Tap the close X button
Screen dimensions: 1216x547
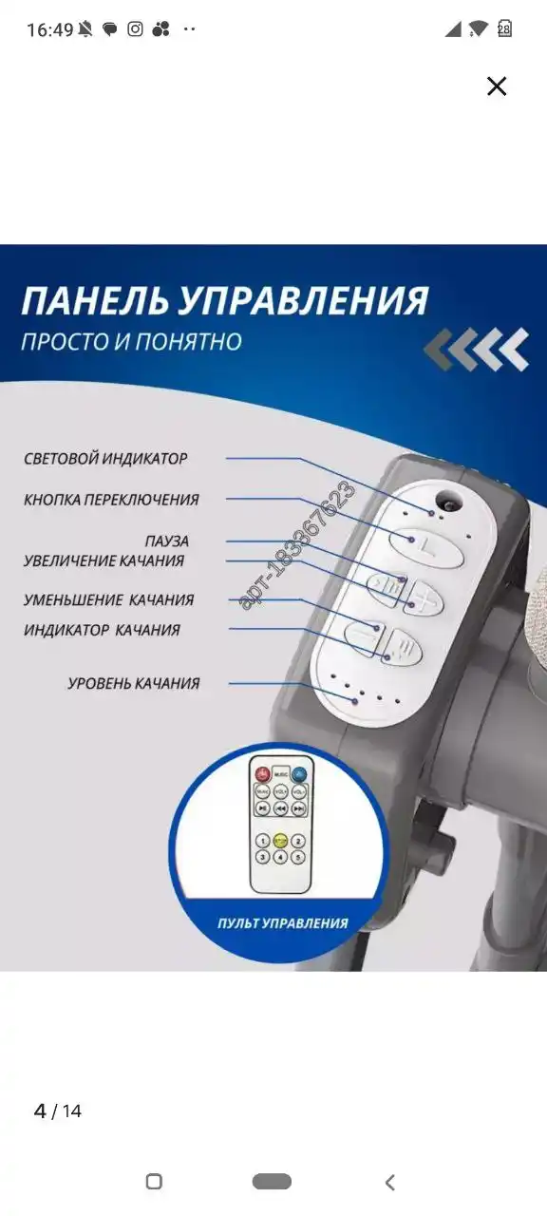pyautogui.click(x=497, y=86)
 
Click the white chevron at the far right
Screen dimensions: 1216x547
pyautogui.click(x=513, y=349)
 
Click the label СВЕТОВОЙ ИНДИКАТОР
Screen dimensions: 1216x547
pyautogui.click(x=105, y=459)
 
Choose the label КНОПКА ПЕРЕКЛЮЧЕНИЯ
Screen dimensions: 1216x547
pyautogui.click(x=111, y=500)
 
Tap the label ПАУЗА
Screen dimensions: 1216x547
pyautogui.click(x=166, y=541)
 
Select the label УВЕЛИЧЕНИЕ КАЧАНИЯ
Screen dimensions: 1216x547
pyautogui.click(x=104, y=560)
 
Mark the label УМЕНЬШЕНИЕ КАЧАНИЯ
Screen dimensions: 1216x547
pyautogui.click(x=108, y=600)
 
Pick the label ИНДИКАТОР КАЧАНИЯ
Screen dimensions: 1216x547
pyautogui.click(x=102, y=630)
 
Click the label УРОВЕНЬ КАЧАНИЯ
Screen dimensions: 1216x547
pyautogui.click(x=133, y=683)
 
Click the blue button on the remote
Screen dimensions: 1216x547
pyautogui.click(x=300, y=772)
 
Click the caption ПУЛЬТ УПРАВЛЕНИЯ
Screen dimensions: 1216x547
pyautogui.click(x=282, y=922)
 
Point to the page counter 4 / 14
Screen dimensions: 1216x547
pyautogui.click(x=58, y=1111)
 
